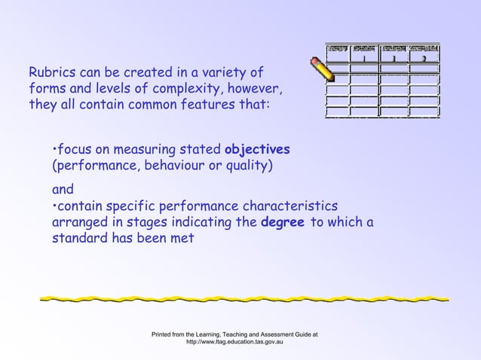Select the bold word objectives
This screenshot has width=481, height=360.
257,148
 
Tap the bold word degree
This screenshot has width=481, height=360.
281,222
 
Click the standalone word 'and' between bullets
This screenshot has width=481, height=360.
63,190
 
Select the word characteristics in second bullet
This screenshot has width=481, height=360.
292,206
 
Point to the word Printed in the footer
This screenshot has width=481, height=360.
165,333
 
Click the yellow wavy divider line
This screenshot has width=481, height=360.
244,298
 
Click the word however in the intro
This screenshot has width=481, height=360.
256,90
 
